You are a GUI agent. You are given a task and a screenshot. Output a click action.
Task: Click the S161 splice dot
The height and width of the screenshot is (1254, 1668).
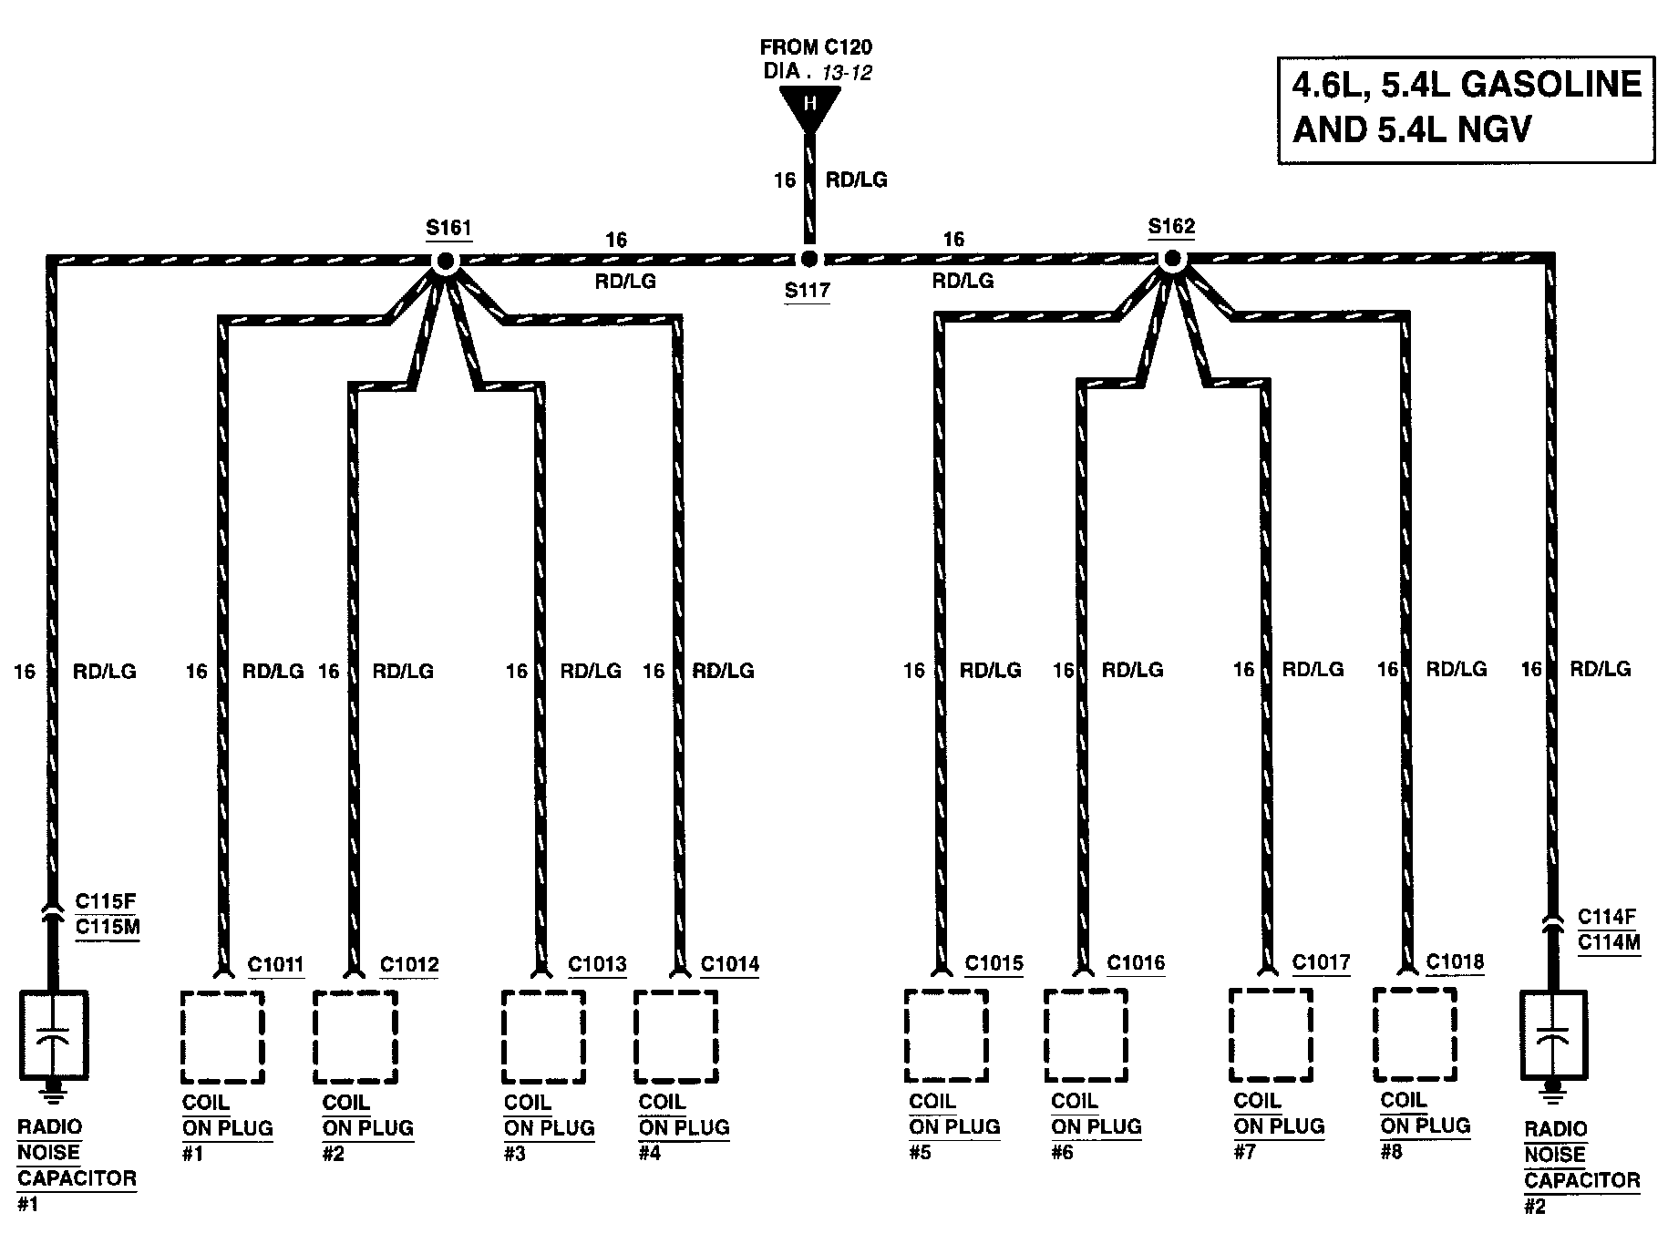445,262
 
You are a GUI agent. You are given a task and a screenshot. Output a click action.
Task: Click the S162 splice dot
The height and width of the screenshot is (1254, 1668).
1171,260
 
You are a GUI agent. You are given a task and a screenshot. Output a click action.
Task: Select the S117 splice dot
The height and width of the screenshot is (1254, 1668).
808,261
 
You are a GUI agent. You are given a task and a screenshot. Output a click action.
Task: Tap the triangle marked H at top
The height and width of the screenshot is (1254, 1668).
809,106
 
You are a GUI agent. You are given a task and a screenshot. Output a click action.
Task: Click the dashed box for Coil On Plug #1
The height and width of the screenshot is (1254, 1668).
222,1037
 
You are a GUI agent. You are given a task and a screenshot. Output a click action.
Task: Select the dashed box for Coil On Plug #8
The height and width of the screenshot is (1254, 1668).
1414,1033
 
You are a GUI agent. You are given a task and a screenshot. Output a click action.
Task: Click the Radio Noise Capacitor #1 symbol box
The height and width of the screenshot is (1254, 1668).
54,1035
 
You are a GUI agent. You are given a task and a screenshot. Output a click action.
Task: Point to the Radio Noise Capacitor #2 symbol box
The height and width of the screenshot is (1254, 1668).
1554,1033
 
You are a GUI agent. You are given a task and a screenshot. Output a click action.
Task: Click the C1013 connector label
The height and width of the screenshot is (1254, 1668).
597,964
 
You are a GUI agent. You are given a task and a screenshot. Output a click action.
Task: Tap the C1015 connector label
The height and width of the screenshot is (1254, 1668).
994,963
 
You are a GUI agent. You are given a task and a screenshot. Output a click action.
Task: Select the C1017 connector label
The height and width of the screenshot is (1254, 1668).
1321,962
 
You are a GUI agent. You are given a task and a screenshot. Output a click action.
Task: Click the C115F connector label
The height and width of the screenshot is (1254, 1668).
106,902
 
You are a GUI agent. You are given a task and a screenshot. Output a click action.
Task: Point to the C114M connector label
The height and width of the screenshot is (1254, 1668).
1609,942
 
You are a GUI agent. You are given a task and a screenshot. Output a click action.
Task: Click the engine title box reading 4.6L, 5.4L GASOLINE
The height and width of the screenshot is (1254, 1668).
1466,108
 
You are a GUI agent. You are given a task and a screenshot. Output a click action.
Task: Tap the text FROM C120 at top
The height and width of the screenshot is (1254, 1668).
816,47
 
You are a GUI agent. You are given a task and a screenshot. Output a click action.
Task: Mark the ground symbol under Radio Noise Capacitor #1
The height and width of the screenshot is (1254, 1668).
54,1088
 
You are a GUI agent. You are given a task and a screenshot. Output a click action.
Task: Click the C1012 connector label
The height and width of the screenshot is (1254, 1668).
409,964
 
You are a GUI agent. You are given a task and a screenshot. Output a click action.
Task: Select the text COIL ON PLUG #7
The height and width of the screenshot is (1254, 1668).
1279,1126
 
